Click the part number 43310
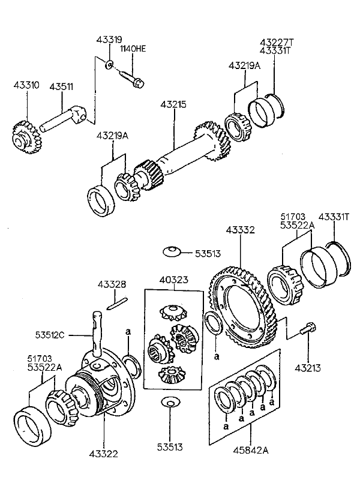pos(26,85)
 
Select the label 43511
pos(61,86)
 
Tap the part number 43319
pos(109,40)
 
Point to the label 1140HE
pos(133,49)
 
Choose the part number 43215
pos(173,104)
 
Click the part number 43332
pos(241,230)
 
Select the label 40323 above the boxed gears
pos(173,279)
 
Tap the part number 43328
pos(112,284)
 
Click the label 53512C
pos(50,335)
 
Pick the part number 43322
pos(104,454)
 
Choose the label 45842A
pos(251,450)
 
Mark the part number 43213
pos(308,367)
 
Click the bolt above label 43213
pos(308,328)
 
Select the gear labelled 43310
pos(24,138)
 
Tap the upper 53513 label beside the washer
pos(208,253)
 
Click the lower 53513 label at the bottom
pos(170,447)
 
